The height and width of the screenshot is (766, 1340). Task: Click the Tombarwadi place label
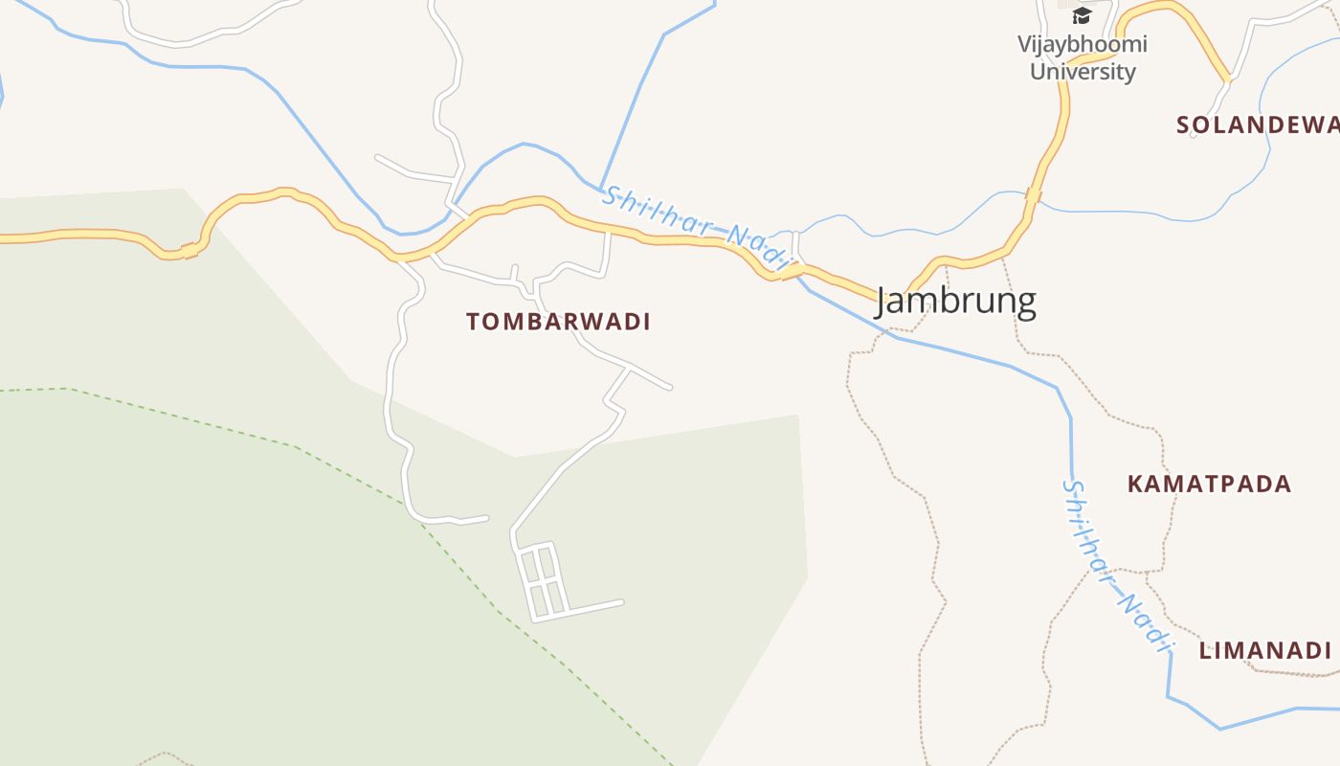[x=558, y=322]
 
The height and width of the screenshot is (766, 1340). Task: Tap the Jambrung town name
[x=955, y=302]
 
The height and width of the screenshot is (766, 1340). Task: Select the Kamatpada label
[x=1209, y=484]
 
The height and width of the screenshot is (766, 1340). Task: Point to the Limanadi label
[x=1265, y=651]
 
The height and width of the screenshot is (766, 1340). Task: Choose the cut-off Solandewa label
[x=1257, y=124]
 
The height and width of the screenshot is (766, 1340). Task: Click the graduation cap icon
[x=1082, y=15]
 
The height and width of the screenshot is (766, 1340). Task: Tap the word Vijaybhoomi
[x=1082, y=44]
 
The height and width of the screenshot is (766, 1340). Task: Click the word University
[x=1083, y=72]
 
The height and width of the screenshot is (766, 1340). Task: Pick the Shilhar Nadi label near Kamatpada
[x=1116, y=565]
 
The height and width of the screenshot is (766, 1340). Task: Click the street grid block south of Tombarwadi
[x=541, y=580]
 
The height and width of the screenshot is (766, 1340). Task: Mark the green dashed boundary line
[x=287, y=443]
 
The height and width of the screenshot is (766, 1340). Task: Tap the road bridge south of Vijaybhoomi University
[x=1032, y=195]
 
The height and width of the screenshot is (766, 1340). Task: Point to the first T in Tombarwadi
[x=473, y=323]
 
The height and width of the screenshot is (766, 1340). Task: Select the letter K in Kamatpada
[x=1135, y=484]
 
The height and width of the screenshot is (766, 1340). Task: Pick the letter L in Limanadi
[x=1206, y=651]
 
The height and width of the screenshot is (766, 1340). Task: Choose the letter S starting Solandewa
[x=1183, y=124]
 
